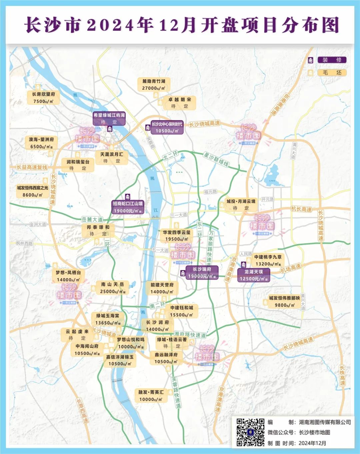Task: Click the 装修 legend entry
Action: coord(332,60)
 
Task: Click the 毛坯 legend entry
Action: coord(332,72)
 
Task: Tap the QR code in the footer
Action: coord(250,432)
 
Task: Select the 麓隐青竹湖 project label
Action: coord(154,81)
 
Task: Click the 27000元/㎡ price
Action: coord(154,88)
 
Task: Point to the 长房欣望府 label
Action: coord(43,94)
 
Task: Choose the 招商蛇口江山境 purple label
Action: coord(128,203)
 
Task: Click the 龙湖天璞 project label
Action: coord(254,272)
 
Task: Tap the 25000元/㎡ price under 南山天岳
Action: coord(113,292)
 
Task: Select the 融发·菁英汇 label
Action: coord(151,392)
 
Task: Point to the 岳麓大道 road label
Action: coord(92,219)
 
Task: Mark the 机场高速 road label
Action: coord(291,268)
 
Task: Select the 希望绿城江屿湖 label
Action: coord(109,115)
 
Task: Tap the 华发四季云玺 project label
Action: coord(177,232)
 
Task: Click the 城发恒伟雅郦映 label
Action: coord(284,298)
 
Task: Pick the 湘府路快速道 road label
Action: coord(190,334)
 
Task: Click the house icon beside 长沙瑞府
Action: coord(183,273)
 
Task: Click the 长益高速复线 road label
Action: coord(32,167)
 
